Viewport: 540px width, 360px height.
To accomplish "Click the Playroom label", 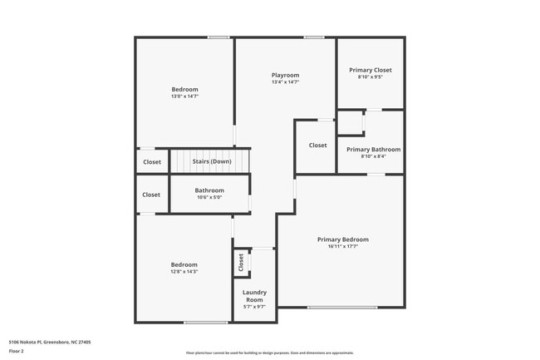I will click(x=285, y=75).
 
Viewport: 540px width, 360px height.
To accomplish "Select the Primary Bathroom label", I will click(x=373, y=150).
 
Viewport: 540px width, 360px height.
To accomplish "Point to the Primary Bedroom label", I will click(x=342, y=239).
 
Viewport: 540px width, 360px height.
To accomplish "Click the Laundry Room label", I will click(x=254, y=295).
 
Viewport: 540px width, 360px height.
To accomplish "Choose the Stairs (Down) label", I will click(x=212, y=161).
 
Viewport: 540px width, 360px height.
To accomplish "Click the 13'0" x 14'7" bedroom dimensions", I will click(x=185, y=96).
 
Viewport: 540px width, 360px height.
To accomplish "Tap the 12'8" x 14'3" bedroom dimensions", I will click(x=184, y=272).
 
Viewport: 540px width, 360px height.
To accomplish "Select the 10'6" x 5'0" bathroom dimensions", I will click(x=209, y=197).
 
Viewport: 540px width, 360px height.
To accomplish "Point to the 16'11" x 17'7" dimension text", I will click(x=342, y=246).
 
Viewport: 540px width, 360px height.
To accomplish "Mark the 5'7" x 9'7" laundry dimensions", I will click(x=254, y=307).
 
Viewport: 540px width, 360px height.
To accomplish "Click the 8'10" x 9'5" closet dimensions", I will click(x=371, y=77).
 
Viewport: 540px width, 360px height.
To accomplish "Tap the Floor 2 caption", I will click(x=17, y=352).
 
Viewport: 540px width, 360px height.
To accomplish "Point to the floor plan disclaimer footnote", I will click(x=269, y=353).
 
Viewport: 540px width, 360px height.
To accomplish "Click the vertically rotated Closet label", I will click(x=241, y=263).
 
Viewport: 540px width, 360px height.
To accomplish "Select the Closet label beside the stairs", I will click(x=152, y=162).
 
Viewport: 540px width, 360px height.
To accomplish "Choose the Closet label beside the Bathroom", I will click(x=151, y=195).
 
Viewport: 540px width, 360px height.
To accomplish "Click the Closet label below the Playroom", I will click(x=318, y=145).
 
